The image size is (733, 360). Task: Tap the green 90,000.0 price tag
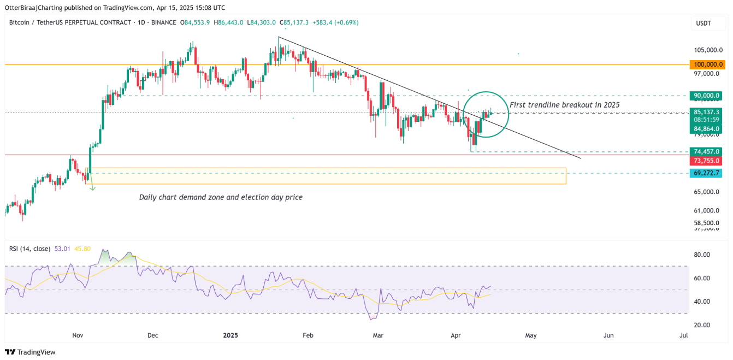tap(706, 95)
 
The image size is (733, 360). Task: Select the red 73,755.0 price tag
tap(706, 161)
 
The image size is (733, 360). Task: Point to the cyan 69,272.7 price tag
tap(706, 173)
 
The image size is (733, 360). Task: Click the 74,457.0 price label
tap(706, 151)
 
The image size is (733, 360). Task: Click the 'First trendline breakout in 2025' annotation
tap(564, 104)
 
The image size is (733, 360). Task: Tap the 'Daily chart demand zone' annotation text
tap(221, 197)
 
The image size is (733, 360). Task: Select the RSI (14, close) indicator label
tap(29, 249)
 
